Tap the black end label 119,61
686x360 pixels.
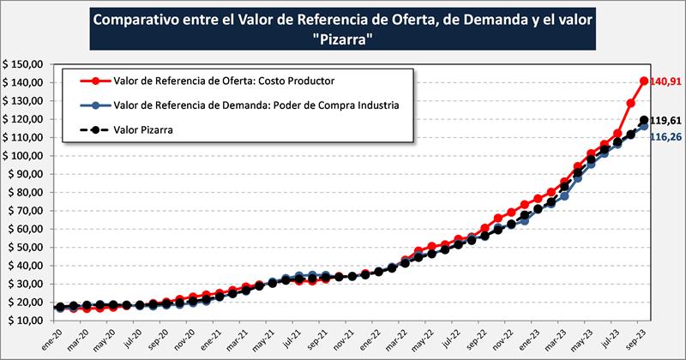664,121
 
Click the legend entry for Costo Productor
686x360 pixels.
222,81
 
